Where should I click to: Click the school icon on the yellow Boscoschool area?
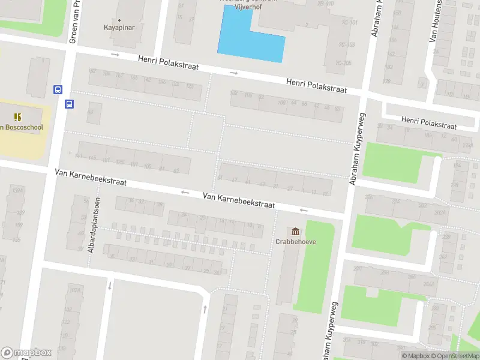17,116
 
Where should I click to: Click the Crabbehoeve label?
296,242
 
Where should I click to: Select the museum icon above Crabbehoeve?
296,232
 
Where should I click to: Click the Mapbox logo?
26,352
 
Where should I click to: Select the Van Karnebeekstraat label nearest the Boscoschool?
90,178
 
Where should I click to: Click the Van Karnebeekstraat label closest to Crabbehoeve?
238,200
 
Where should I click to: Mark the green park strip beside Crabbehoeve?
316,264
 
